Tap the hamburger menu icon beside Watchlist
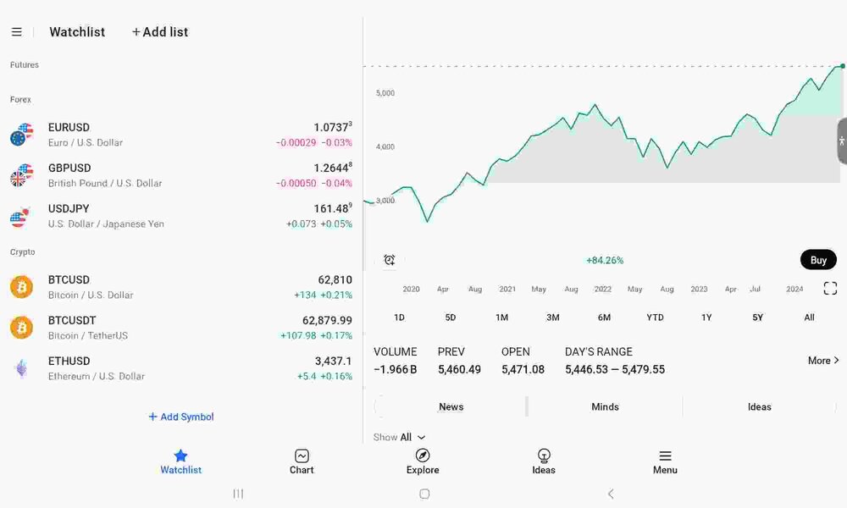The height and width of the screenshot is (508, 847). click(x=17, y=32)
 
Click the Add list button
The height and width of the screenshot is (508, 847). click(x=160, y=32)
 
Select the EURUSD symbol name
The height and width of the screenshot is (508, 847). click(x=69, y=127)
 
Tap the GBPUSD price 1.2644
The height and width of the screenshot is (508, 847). click(x=333, y=168)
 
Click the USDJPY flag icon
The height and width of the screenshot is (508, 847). click(x=21, y=217)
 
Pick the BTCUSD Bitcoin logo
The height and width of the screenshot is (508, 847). click(x=22, y=287)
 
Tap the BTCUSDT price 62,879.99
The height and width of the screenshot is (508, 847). click(x=327, y=321)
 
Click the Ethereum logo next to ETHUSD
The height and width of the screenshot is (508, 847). click(x=22, y=368)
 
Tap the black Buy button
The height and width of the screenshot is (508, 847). click(x=818, y=260)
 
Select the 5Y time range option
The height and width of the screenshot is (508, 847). click(x=757, y=317)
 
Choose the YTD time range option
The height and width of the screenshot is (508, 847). click(x=655, y=317)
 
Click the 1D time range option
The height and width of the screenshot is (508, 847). click(x=399, y=317)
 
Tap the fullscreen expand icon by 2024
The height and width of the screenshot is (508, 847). click(x=830, y=288)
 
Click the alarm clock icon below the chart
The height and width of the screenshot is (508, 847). click(x=390, y=260)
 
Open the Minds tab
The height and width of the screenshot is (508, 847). click(x=605, y=407)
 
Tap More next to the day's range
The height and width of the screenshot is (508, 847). click(x=823, y=360)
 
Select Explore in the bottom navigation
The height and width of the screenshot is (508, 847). click(x=423, y=461)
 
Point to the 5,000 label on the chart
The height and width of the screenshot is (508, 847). click(x=385, y=93)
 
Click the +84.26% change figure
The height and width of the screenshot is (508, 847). click(x=605, y=260)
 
